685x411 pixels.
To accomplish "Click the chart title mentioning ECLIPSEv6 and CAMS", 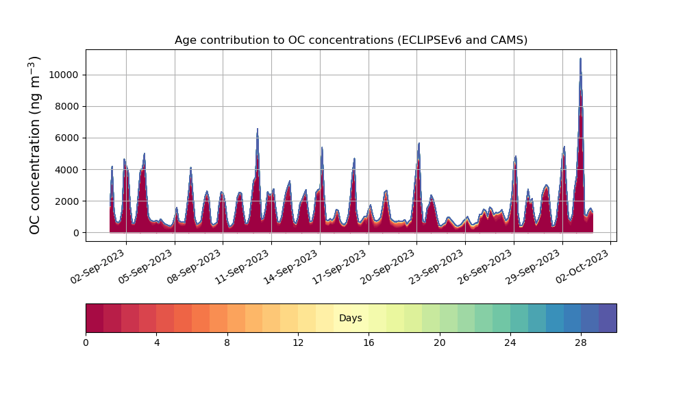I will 351,40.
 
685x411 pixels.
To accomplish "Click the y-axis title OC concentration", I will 35,145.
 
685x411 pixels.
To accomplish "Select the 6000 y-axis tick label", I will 68,138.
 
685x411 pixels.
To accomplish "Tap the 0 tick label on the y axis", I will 77,233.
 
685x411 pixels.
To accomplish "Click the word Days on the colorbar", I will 351,319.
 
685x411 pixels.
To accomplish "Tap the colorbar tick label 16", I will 369,342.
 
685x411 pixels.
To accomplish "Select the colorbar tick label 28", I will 581,342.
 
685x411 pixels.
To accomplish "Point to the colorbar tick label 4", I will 156,342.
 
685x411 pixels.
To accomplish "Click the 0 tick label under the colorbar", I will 86,342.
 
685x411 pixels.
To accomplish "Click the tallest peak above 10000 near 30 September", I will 580,60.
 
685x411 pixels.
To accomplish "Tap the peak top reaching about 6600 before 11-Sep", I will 258,129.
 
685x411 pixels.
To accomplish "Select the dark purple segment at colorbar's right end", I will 608,318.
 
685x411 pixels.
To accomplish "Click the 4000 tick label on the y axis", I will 68,169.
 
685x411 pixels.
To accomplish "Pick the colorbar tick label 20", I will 439,342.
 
